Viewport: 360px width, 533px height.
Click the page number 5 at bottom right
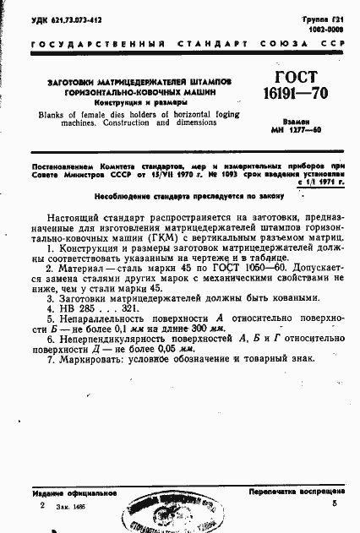pos(335,503)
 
